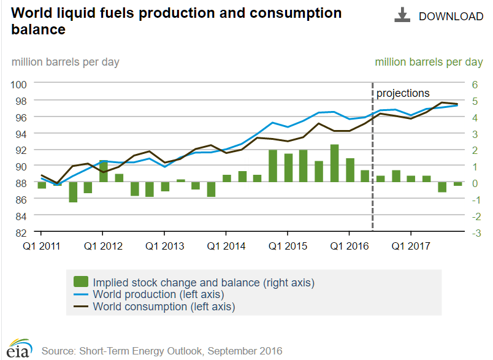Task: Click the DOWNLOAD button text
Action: pyautogui.click(x=451, y=17)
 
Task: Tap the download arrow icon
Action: pyautogui.click(x=402, y=16)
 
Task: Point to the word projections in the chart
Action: pyautogui.click(x=403, y=93)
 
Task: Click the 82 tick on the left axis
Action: pyautogui.click(x=21, y=233)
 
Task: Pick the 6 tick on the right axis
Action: pyautogui.click(x=476, y=84)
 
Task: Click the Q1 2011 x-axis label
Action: pyautogui.click(x=41, y=247)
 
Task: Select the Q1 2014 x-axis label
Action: pyautogui.click(x=226, y=247)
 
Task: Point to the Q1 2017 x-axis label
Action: pyautogui.click(x=410, y=247)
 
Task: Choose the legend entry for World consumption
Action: pyautogui.click(x=164, y=306)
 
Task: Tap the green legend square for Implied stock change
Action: pyautogui.click(x=80, y=282)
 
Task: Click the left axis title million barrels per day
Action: pyautogui.click(x=65, y=62)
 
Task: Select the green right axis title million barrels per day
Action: pyautogui.click(x=429, y=62)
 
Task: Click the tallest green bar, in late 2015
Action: pyautogui.click(x=334, y=163)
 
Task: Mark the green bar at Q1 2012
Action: pyautogui.click(x=104, y=171)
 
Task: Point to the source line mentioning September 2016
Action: pyautogui.click(x=162, y=351)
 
